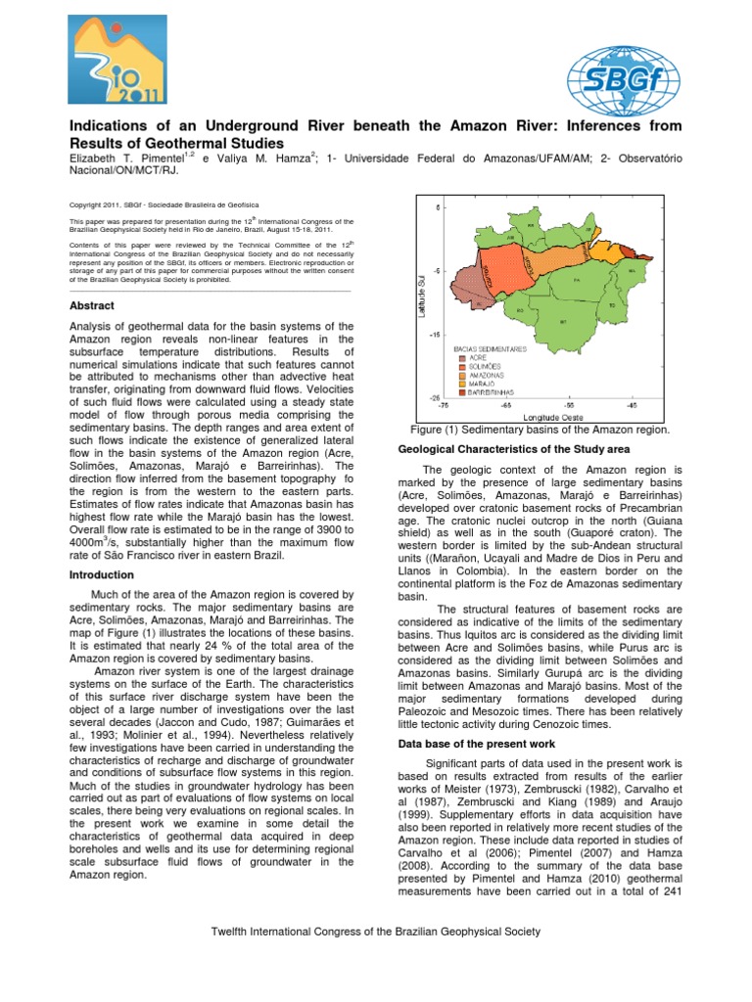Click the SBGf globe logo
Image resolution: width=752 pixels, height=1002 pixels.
click(627, 79)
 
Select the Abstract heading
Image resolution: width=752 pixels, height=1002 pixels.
click(91, 306)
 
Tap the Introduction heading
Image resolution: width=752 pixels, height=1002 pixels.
click(101, 575)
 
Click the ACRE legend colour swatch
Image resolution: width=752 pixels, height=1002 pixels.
click(461, 357)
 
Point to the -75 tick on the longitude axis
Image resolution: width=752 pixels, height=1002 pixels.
click(443, 403)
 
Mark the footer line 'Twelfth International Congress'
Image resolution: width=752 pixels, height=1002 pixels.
click(376, 933)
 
